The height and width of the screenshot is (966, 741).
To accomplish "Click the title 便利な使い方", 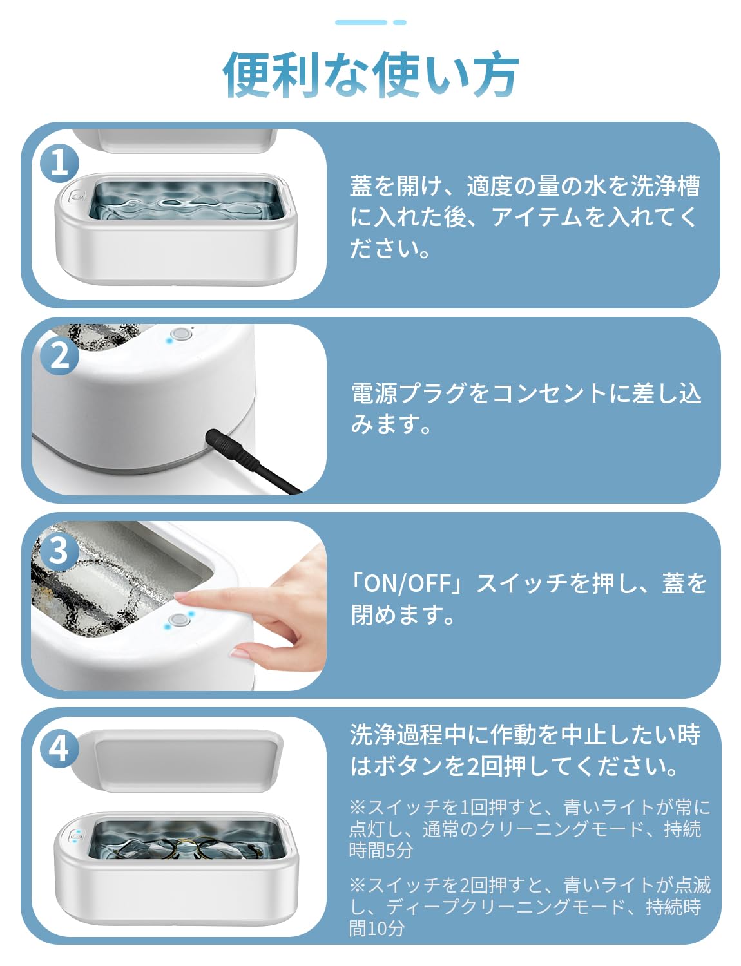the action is (370, 75).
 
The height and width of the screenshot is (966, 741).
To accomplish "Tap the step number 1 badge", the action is (59, 164).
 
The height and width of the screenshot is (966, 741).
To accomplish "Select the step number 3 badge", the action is (59, 551).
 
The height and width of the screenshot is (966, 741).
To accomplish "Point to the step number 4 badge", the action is (59, 748).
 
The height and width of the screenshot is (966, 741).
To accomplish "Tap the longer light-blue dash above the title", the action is (361, 23).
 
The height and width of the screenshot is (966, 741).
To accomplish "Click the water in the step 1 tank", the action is (187, 199).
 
